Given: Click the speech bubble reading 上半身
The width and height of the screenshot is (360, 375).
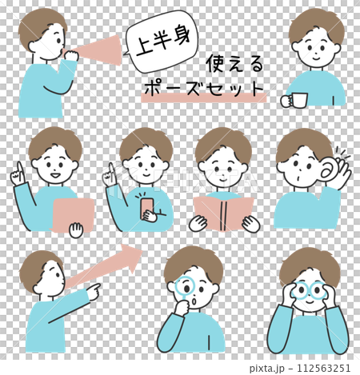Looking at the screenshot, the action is click(162, 42).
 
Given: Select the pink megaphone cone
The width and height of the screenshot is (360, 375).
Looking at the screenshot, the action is click(98, 50).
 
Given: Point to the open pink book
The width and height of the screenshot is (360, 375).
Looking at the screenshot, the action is click(223, 213).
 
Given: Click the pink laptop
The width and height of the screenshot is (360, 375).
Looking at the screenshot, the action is click(73, 215).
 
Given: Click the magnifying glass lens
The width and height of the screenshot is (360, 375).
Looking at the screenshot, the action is click(186, 286).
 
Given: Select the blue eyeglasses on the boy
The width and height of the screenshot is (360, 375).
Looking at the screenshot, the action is click(309, 290).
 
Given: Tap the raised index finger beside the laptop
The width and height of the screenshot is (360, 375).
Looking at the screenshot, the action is click(19, 169).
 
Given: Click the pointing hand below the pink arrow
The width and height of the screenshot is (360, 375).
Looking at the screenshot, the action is click(94, 292).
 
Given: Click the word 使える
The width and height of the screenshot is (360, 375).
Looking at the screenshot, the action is click(234, 63).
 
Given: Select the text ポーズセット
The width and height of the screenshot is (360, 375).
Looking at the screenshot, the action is click(204, 88).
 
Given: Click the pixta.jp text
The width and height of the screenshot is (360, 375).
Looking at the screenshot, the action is click(267, 368).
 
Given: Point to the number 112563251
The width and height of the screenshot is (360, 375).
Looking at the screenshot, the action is click(324, 368).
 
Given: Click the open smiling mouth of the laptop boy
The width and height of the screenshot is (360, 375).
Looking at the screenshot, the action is click(55, 176).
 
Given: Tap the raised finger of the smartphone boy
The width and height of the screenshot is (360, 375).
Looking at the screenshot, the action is click(111, 169).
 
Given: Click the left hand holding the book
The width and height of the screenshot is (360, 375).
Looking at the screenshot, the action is click(198, 223).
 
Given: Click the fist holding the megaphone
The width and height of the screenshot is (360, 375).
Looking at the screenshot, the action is click(71, 56).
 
